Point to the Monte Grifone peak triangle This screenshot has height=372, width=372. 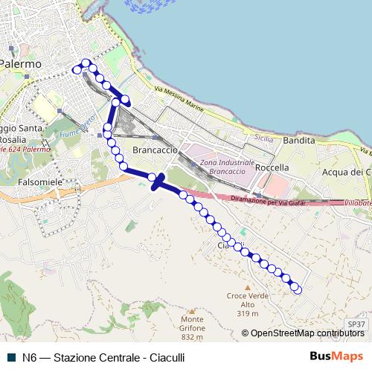tap(192, 312)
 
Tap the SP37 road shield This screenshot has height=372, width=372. tap(356, 324)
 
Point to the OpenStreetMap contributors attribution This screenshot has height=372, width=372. tap(308, 333)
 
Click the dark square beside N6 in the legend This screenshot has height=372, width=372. tap(11, 357)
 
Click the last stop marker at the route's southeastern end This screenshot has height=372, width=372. tap(298, 289)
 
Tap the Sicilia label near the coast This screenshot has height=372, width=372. tap(263, 138)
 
